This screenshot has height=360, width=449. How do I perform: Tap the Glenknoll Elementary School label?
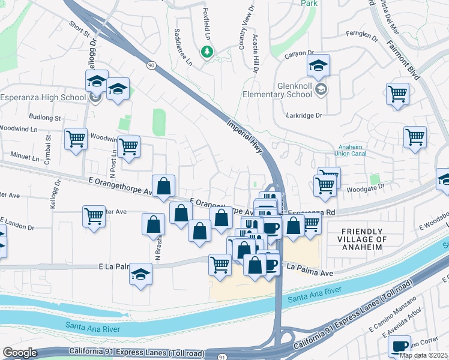point(286,90)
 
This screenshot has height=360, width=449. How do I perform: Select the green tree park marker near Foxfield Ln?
point(207,52)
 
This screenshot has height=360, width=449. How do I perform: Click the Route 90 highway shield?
point(149,64)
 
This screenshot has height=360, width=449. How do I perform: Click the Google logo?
point(20,353)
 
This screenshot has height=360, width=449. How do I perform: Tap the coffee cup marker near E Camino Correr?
point(399,346)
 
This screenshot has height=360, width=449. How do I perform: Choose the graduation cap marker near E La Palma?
point(141,274)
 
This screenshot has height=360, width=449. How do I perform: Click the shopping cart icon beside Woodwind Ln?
point(76,139)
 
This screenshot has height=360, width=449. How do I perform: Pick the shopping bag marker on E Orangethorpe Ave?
point(163,186)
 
